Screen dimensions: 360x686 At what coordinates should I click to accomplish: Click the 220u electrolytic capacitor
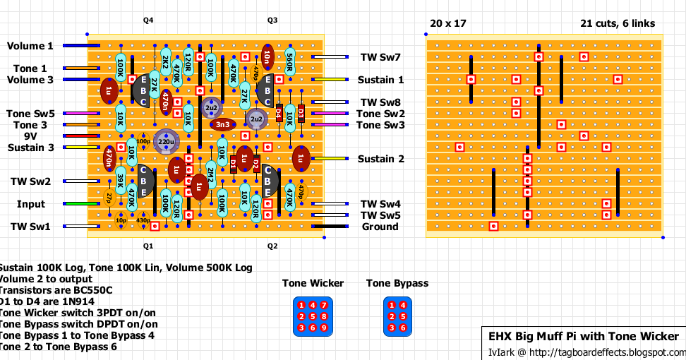[167, 141]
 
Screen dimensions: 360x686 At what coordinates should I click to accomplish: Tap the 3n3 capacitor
[223, 125]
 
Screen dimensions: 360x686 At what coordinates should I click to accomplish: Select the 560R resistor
[289, 63]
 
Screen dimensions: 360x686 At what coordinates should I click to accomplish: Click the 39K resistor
[121, 181]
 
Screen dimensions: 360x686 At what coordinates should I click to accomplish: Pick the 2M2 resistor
[210, 175]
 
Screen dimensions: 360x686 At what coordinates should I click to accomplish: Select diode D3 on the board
[301, 113]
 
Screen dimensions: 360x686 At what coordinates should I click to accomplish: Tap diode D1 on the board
[234, 164]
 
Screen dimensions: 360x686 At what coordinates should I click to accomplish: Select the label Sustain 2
[380, 159]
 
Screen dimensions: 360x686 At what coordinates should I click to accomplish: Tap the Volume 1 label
[30, 46]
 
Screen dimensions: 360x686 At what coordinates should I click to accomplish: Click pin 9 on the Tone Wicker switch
[324, 328]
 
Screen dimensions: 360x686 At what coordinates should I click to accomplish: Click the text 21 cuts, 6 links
[617, 23]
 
